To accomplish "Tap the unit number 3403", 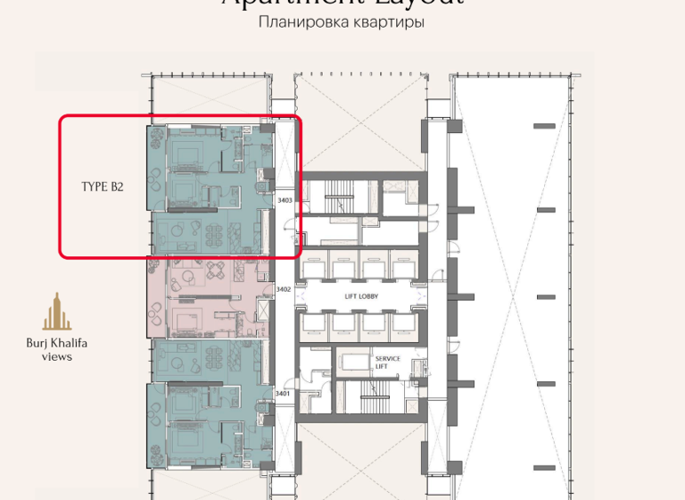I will tap(285, 201).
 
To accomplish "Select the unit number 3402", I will tap(284, 289).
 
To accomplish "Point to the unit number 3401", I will tap(284, 393).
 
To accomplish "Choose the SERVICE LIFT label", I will tap(387, 362).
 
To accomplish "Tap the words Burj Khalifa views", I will tap(57, 349).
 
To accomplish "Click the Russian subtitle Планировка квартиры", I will tap(341, 22).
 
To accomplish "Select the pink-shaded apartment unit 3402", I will tap(205, 299).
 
